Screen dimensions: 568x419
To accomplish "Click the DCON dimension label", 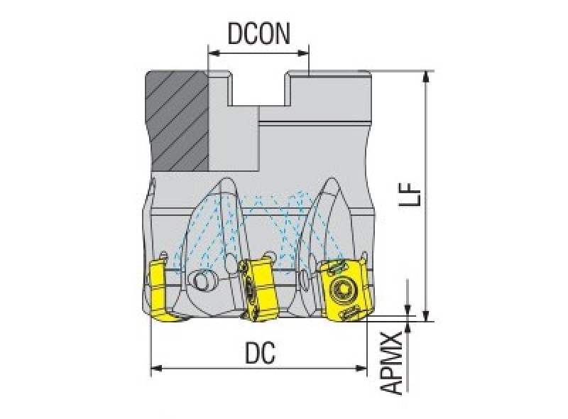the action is (x=258, y=34).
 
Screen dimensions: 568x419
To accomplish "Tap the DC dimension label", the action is (x=260, y=353).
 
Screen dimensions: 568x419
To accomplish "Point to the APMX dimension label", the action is (x=393, y=363).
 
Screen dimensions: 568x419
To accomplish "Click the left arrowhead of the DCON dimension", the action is (x=214, y=54).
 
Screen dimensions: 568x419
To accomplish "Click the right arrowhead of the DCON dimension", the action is (x=303, y=54).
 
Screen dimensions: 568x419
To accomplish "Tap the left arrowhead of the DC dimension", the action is (x=156, y=369).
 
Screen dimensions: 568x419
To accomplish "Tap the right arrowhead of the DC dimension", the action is (x=361, y=369).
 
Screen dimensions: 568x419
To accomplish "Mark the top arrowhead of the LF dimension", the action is (x=427, y=77).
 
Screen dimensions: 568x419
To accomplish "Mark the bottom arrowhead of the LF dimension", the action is (x=427, y=315).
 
